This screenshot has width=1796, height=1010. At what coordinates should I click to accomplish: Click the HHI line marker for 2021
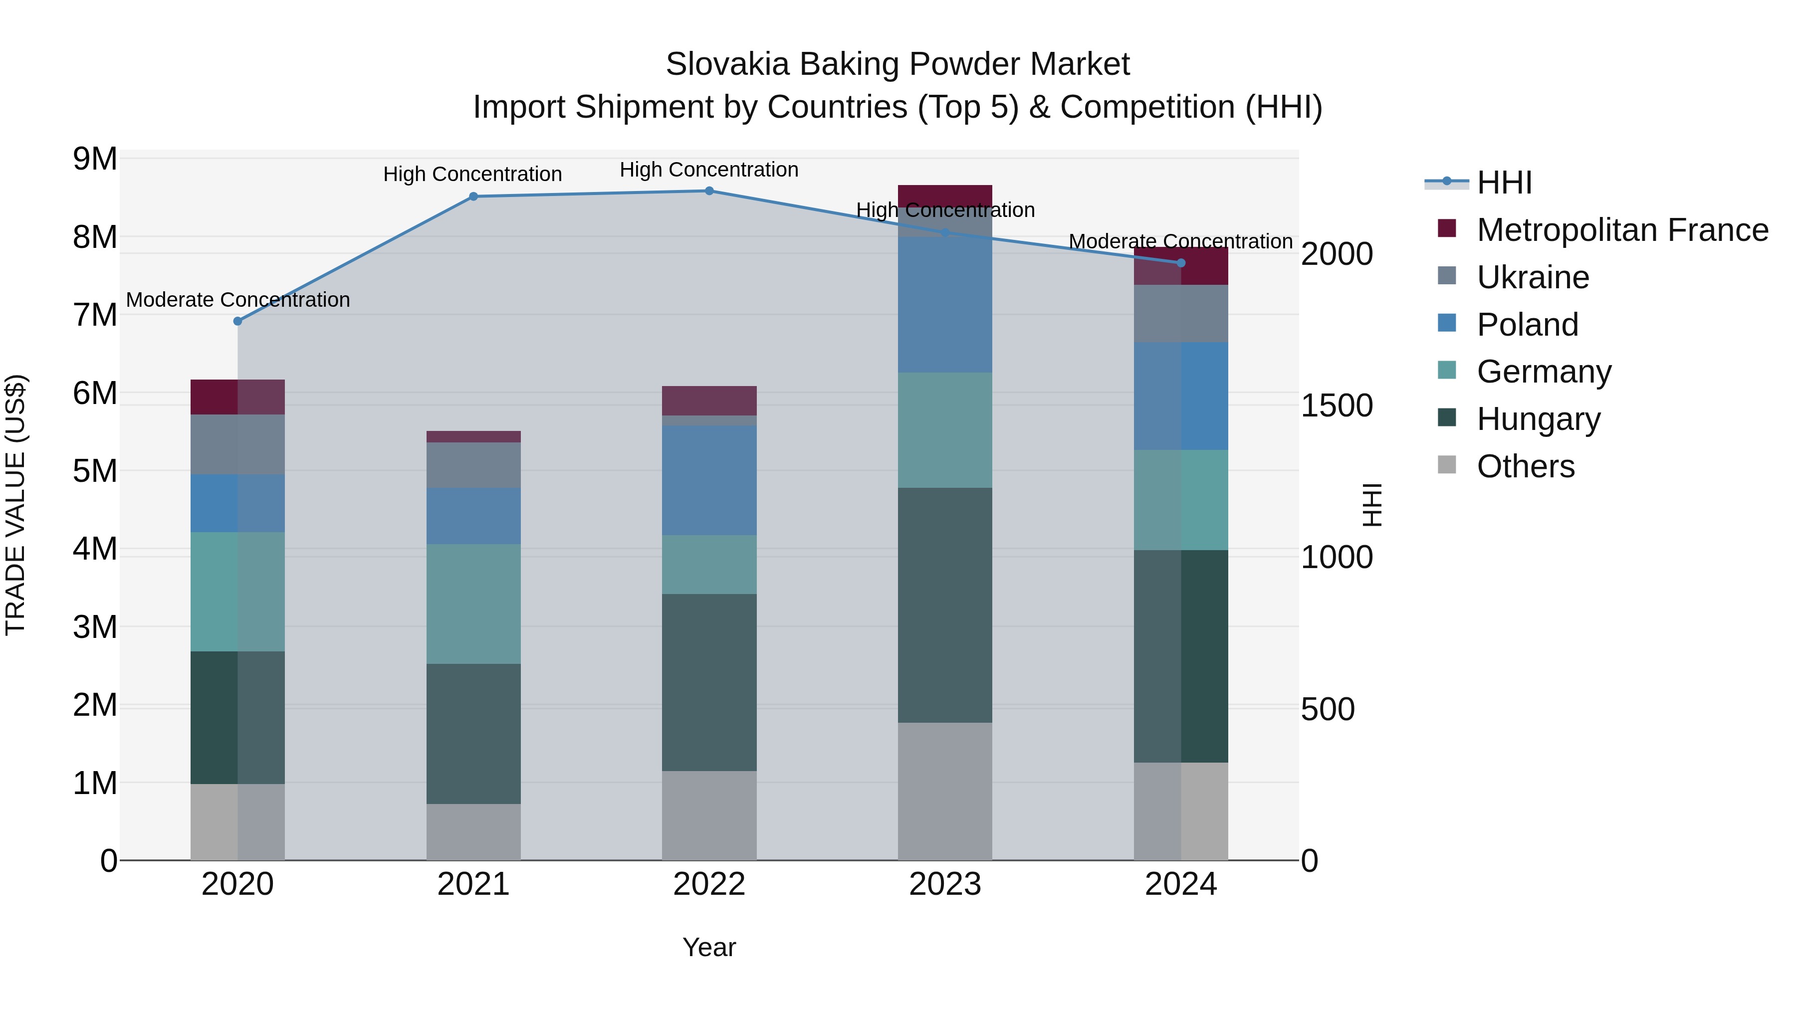[473, 197]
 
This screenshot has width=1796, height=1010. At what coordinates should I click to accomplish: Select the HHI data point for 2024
[1181, 263]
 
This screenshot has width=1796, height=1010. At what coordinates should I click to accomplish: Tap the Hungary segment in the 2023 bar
[945, 605]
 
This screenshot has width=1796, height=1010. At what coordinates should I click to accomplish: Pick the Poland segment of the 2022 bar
[709, 480]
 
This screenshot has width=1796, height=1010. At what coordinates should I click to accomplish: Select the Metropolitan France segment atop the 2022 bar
[709, 401]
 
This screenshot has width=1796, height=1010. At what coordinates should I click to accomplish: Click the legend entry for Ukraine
[1533, 277]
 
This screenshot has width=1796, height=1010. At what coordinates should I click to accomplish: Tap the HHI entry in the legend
[1504, 183]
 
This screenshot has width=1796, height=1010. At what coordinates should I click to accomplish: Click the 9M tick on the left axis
[95, 159]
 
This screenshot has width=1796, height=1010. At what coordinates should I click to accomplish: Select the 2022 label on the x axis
[709, 884]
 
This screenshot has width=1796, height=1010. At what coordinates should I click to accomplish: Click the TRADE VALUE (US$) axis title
[15, 505]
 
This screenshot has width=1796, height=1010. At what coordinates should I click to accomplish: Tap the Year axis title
[709, 947]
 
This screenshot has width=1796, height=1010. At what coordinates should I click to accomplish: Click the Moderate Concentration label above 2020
[238, 300]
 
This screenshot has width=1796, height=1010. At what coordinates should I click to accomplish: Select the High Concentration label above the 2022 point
[709, 170]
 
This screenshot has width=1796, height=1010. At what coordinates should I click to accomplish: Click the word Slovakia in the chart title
[726, 64]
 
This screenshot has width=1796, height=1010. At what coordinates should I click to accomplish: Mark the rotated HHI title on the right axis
[1371, 505]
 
